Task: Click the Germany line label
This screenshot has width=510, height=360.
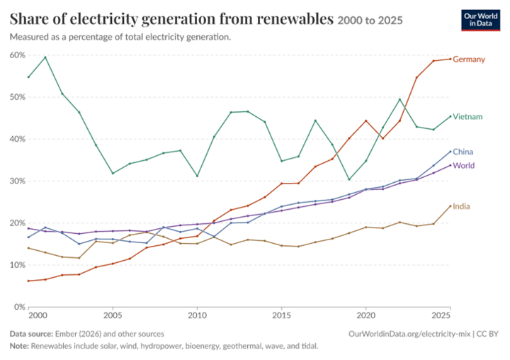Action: (x=469, y=60)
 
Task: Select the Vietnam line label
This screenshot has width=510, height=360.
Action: (x=467, y=116)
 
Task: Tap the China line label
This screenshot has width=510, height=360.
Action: (x=463, y=152)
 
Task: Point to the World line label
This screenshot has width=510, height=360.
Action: (x=463, y=166)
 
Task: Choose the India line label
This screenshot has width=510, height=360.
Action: (x=461, y=206)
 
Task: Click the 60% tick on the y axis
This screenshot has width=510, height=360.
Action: (x=17, y=55)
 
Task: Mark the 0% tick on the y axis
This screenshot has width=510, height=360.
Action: (x=20, y=307)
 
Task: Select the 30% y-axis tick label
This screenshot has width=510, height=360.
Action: (x=17, y=181)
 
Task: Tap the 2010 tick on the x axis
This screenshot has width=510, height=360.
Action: (x=197, y=316)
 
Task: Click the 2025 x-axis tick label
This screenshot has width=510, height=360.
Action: (x=441, y=316)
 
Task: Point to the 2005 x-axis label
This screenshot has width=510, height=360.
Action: (x=113, y=316)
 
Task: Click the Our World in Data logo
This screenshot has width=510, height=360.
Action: (x=480, y=20)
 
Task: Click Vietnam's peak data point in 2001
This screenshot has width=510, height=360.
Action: (x=45, y=57)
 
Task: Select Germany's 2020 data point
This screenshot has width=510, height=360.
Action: (x=366, y=120)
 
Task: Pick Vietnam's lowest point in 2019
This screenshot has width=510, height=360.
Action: (x=349, y=179)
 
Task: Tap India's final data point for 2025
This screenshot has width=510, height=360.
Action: (x=450, y=206)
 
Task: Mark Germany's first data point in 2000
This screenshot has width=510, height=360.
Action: (x=28, y=281)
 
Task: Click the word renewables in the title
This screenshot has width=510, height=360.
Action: (x=295, y=19)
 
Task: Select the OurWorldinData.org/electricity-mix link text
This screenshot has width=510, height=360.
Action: (x=409, y=334)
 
